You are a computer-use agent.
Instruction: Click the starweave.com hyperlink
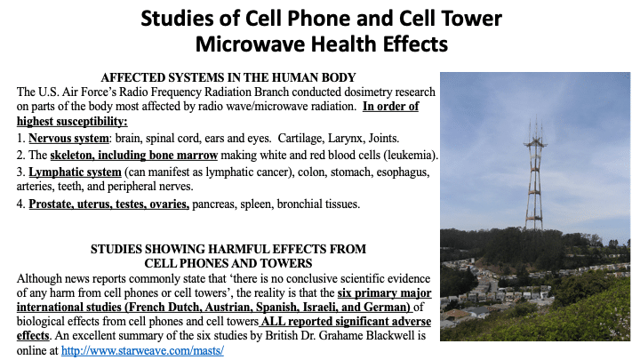point(142,350)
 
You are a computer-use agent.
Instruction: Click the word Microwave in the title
point(250,44)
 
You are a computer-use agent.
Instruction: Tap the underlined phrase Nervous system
point(68,139)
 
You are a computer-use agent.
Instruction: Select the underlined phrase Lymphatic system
point(75,172)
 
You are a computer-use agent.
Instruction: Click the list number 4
point(20,204)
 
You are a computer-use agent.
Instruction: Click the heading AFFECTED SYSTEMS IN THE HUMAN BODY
point(228,77)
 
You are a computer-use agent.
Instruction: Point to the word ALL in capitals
point(270,322)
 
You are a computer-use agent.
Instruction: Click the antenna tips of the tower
point(536,123)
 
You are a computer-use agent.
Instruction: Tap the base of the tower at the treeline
point(534,228)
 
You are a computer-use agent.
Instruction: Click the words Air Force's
point(90,92)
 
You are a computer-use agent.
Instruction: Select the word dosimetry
point(365,92)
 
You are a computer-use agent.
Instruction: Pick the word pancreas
point(214,204)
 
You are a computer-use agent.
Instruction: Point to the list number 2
point(20,156)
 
